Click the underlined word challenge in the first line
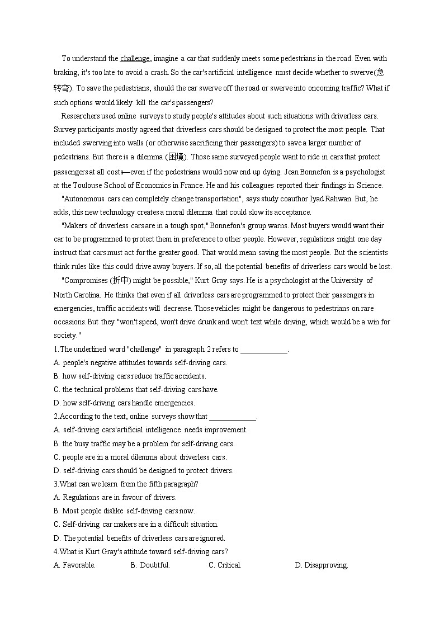[x=135, y=58]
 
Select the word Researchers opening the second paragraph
[x=81, y=116]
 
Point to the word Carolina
[x=85, y=295]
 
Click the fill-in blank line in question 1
[x=263, y=350]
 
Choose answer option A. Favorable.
[x=74, y=565]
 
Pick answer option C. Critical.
[x=225, y=565]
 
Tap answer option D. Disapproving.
[x=321, y=565]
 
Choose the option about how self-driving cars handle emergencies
[x=124, y=403]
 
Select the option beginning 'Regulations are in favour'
[x=115, y=497]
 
